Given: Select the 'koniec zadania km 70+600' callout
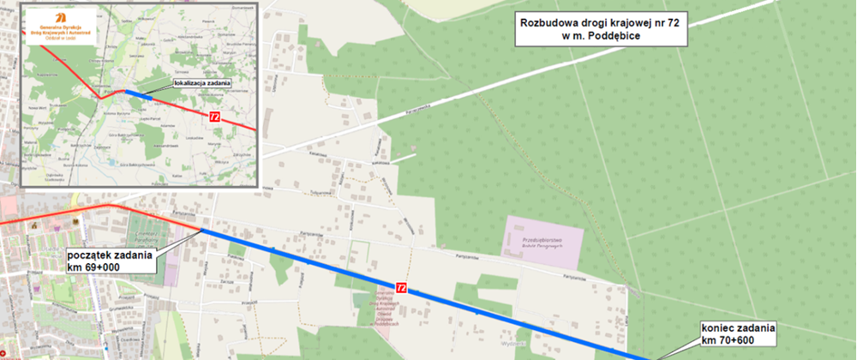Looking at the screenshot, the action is pyautogui.click(x=738, y=334).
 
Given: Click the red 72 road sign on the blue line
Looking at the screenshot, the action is pyautogui.click(x=401, y=288).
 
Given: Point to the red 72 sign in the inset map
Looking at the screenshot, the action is pyautogui.click(x=214, y=116).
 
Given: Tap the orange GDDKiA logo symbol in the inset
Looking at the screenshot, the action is pyautogui.click(x=62, y=17).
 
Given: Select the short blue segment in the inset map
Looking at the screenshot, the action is pyautogui.click(x=140, y=94).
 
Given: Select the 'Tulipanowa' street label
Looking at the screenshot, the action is pyautogui.click(x=322, y=193).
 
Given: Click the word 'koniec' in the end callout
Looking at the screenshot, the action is pyautogui.click(x=719, y=327).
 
